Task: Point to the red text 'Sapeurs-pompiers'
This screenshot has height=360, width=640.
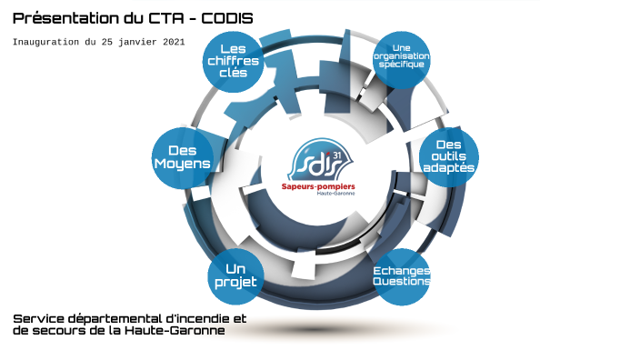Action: coord(319,185)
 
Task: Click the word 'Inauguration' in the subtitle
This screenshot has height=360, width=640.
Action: coord(45,42)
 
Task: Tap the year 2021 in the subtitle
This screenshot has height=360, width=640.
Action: coord(171,42)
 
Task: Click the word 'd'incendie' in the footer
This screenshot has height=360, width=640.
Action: coord(209,319)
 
